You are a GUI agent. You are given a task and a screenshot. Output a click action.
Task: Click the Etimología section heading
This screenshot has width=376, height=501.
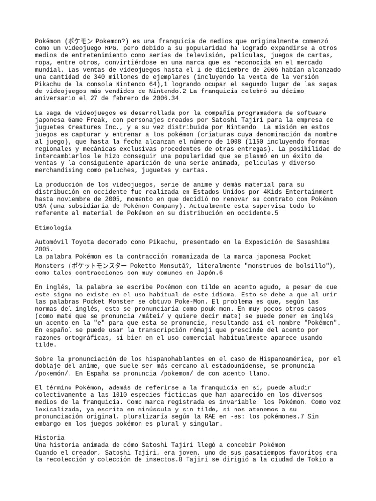[53, 228]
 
